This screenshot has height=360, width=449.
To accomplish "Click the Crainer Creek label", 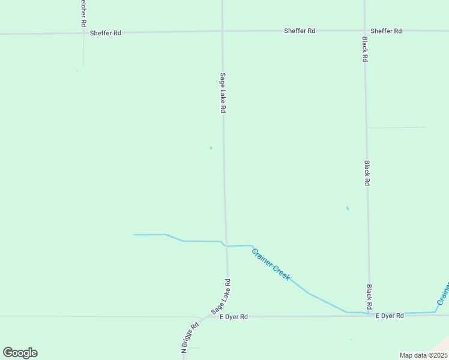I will [271, 265].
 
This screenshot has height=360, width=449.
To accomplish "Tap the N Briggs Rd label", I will [190, 339].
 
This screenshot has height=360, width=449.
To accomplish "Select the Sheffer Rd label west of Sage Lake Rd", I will [106, 32].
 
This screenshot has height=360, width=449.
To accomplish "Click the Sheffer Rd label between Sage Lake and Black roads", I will [300, 31].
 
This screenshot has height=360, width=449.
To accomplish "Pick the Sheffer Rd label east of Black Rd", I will [386, 31].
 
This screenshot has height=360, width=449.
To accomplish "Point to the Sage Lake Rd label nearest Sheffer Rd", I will [222, 93].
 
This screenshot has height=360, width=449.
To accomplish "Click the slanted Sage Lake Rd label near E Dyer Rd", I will [220, 297].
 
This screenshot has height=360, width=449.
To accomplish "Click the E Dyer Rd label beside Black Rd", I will [390, 316].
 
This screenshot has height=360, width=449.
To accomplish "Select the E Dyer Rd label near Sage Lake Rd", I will [234, 316].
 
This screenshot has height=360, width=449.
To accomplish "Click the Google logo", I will [20, 353].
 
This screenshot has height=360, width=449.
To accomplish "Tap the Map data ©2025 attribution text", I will [423, 355].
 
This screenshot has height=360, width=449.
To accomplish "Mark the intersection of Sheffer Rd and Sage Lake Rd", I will [222, 31].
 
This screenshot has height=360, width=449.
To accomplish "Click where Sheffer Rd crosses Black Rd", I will [364, 30].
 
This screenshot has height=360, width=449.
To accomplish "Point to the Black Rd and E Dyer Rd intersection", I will [369, 314].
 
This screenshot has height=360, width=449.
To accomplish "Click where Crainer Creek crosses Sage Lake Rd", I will [226, 245].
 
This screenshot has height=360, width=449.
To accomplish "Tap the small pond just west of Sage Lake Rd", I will [211, 148].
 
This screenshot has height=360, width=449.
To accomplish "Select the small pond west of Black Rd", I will [348, 208].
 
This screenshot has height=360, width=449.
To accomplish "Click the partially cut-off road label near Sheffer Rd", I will [83, 13].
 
